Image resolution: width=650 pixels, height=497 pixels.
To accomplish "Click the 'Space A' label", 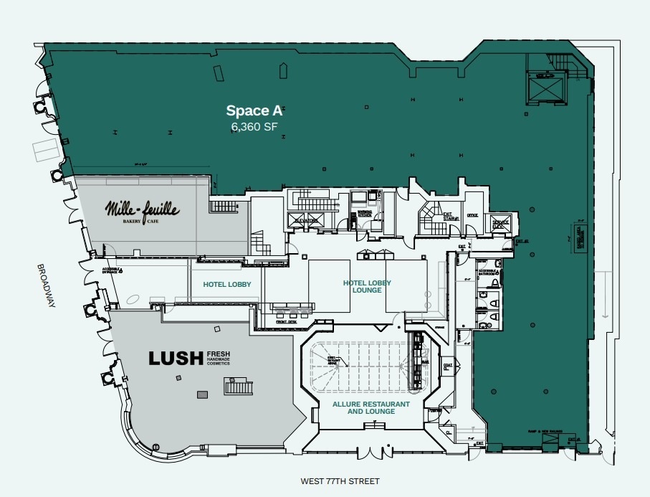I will point(254,110).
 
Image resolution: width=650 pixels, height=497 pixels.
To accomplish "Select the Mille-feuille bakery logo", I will point(142,209).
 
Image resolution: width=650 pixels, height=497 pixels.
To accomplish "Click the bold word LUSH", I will point(176,358).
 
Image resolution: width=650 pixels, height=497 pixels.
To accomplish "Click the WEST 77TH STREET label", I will point(340,481).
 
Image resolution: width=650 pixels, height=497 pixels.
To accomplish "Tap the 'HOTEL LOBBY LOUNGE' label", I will point(367,287).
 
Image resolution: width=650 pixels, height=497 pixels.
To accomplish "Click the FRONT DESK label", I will point(287,322).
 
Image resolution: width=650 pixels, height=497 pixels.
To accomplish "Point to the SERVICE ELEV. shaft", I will point(500,223).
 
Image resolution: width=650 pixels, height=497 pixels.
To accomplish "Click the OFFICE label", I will point(472,215).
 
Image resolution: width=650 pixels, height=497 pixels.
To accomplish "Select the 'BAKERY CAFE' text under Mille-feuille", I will point(142,222).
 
